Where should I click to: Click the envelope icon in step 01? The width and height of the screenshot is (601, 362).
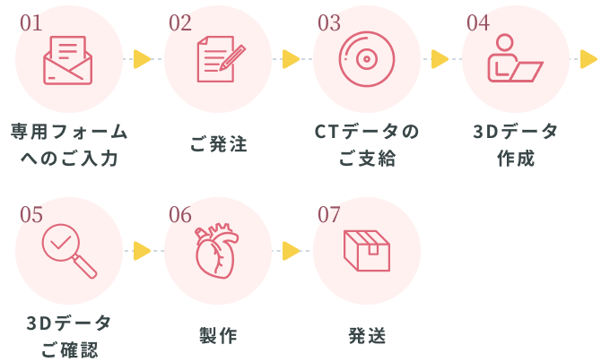point(68,60)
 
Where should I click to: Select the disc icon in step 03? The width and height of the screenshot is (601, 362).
point(367,59)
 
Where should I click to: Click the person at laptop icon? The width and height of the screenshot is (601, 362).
point(514,59)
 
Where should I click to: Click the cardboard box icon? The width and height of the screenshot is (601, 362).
point(367,251)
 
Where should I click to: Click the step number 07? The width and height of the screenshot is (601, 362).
point(329,215)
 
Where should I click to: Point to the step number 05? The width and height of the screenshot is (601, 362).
point(30,215)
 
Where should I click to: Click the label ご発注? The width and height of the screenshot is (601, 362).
point(218,143)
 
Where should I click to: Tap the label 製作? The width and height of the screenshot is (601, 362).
point(218,336)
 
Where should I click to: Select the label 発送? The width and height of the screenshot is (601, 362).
point(367,336)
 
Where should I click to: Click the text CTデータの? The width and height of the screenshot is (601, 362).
point(367,132)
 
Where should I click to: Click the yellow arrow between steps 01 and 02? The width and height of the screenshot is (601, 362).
point(142,59)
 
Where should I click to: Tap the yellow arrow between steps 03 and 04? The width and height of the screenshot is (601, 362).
point(440,59)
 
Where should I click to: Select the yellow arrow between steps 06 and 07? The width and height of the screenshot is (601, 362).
point(291,251)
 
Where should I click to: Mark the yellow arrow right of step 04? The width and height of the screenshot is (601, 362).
point(588,59)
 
